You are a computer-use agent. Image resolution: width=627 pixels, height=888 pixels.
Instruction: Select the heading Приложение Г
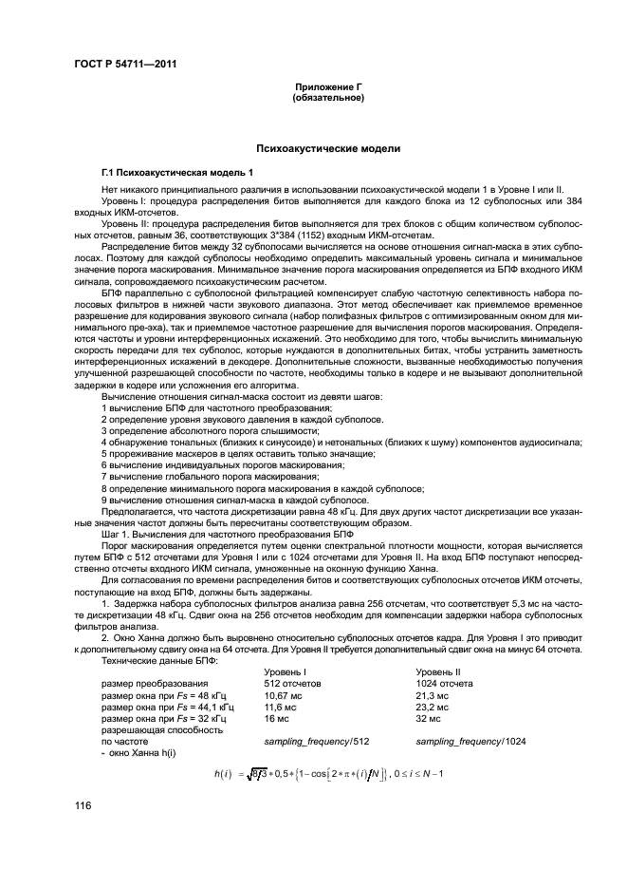[328, 87]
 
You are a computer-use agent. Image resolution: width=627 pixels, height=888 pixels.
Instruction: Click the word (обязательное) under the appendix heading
[328, 97]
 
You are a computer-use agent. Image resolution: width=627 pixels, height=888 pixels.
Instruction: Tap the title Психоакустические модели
[328, 149]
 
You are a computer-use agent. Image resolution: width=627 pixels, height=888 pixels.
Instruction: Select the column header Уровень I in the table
[284, 671]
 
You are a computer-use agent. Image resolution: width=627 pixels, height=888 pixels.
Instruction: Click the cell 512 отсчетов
[291, 684]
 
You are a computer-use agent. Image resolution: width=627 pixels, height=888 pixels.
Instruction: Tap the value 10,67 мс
[285, 696]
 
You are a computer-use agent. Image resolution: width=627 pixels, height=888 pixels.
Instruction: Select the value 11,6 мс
[282, 709]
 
